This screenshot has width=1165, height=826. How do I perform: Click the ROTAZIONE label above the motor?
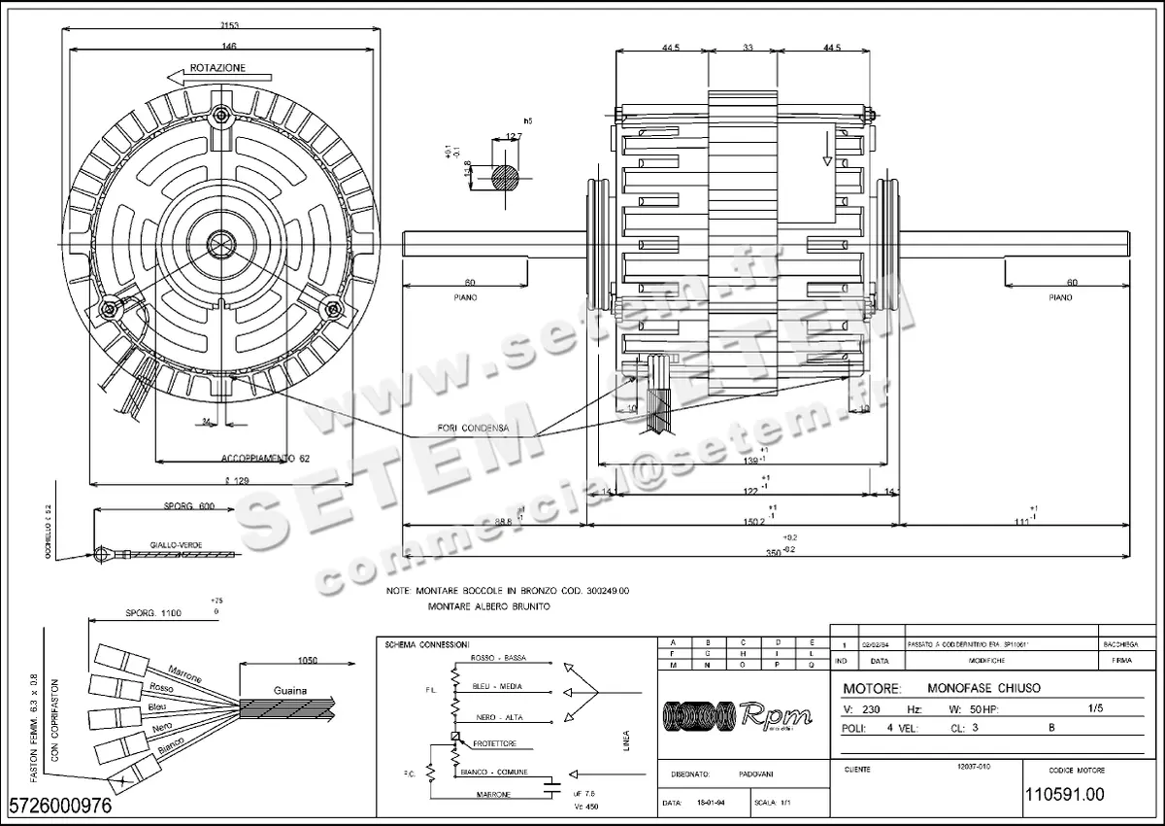point(218,69)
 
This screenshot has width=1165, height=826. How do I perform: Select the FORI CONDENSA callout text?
point(472,428)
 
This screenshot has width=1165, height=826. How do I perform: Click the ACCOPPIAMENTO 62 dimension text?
point(258,457)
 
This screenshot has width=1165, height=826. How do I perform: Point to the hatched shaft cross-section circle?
point(506,180)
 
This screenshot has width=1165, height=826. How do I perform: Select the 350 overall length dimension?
point(773,551)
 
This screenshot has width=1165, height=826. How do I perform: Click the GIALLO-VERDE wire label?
point(176,545)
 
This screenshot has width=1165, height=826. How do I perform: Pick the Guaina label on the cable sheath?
point(289,690)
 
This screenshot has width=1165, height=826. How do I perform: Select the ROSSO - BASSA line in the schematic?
point(498,659)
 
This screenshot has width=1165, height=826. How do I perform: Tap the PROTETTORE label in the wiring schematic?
point(494,743)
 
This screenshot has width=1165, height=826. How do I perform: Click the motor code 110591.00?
point(1064,794)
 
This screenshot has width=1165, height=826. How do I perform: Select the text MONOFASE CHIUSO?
point(983,688)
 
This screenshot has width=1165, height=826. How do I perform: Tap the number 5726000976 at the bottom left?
point(60,806)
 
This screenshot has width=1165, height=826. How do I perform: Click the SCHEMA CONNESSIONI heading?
point(427,645)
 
